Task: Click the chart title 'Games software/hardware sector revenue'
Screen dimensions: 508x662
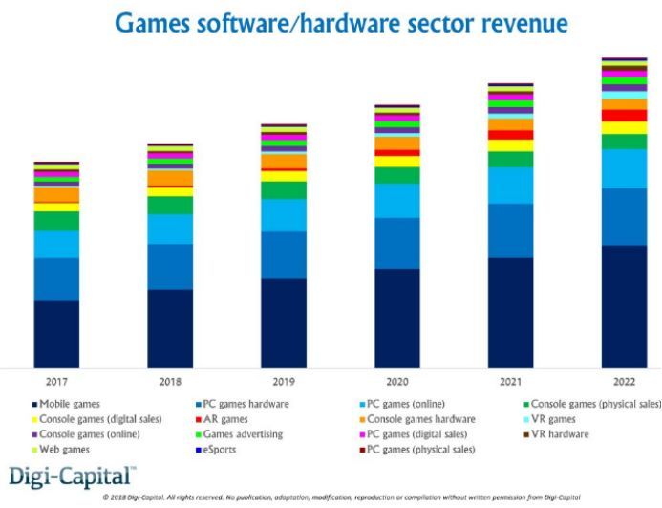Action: pyautogui.click(x=340, y=23)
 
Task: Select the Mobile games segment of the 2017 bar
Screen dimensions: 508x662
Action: pyautogui.click(x=56, y=334)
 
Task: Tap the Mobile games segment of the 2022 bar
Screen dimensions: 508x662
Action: pyautogui.click(x=624, y=306)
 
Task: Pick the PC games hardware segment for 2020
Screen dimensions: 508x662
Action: pyautogui.click(x=396, y=243)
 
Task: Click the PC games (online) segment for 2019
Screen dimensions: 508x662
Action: pyautogui.click(x=284, y=215)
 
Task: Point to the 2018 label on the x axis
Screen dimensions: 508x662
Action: pyautogui.click(x=170, y=382)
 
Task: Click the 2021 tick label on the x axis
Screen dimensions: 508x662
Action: pyautogui.click(x=510, y=382)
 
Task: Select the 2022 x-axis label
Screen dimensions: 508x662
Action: pyautogui.click(x=624, y=382)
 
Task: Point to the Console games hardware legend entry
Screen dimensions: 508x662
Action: pyautogui.click(x=420, y=419)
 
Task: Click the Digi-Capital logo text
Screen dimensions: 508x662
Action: pyautogui.click(x=73, y=475)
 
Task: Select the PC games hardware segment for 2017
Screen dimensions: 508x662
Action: pyautogui.click(x=56, y=279)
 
